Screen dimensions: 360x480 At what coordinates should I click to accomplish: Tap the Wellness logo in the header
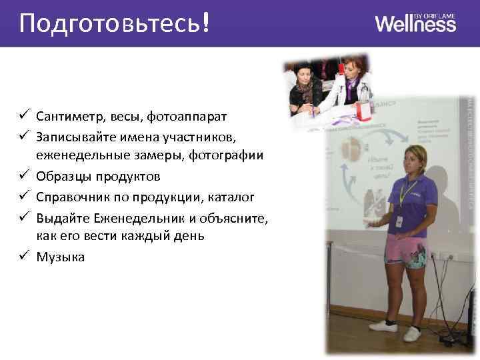tap(415, 23)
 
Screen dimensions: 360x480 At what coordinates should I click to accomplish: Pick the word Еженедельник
tap(131, 217)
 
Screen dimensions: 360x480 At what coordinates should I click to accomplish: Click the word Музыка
tap(61, 256)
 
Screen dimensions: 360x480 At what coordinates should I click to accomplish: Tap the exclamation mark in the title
tap(206, 23)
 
